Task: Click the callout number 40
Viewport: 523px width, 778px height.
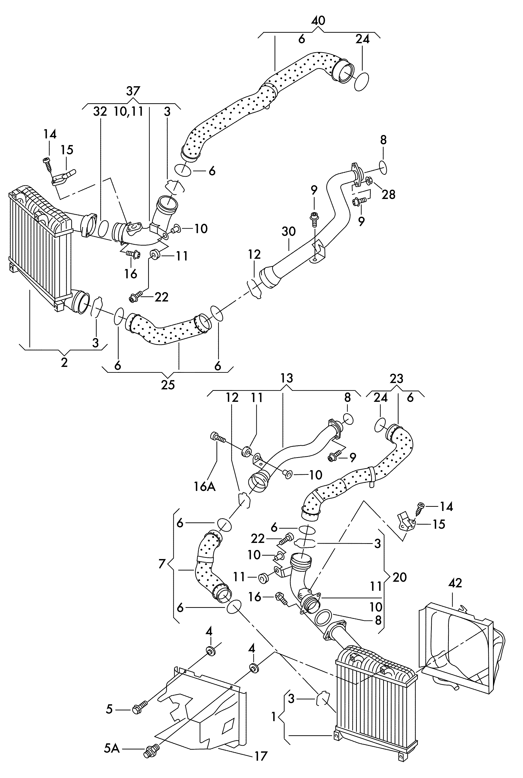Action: (x=318, y=21)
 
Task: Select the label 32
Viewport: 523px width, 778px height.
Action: (x=100, y=111)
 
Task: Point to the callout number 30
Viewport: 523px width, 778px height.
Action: (x=288, y=231)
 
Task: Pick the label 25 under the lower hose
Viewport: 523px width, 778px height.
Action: (x=168, y=385)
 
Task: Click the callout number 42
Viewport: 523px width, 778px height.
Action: (x=455, y=583)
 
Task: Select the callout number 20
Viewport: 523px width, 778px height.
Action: (x=400, y=577)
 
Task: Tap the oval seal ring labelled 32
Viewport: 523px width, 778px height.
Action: (x=104, y=228)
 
